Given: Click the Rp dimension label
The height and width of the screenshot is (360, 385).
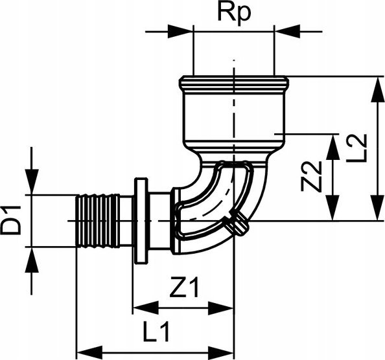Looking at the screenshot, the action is click(x=234, y=13).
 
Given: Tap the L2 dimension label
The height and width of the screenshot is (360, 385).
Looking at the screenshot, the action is click(x=356, y=149).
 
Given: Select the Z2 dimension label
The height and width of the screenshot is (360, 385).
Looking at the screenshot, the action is click(x=311, y=176).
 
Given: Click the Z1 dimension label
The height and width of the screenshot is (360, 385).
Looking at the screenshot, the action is click(x=184, y=287).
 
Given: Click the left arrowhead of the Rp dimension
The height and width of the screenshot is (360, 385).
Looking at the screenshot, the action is click(x=180, y=31).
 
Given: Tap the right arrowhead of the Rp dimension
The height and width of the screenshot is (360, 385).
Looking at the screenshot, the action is click(x=287, y=31).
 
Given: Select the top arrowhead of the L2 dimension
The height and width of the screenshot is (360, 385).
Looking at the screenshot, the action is click(x=377, y=89).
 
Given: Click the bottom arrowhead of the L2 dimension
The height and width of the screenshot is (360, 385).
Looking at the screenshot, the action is click(x=377, y=208).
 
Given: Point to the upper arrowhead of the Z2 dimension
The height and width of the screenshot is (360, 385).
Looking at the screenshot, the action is click(x=332, y=147).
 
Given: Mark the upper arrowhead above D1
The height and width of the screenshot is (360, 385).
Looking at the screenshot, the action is click(x=32, y=182).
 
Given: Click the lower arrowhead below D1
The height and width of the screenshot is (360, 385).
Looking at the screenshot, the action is click(x=32, y=260).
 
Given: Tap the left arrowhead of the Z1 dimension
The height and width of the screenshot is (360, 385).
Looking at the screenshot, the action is click(x=146, y=308).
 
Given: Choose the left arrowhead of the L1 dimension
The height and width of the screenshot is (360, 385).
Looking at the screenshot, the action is click(x=89, y=353).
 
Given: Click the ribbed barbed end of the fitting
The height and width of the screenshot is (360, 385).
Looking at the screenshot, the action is click(x=99, y=221).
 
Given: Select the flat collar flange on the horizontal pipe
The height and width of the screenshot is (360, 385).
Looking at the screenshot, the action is click(x=141, y=221).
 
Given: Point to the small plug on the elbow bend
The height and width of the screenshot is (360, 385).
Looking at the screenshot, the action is click(x=238, y=225).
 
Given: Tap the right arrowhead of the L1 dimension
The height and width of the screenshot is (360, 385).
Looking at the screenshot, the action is click(x=221, y=353).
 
